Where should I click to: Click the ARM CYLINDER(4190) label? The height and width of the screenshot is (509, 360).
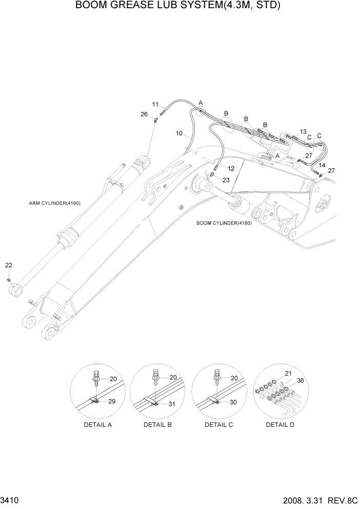54,203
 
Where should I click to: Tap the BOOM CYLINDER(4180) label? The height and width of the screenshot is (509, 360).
224,223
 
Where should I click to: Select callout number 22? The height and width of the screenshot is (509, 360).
9,265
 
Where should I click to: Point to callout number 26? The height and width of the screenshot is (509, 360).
144,114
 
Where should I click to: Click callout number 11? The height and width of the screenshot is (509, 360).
155,105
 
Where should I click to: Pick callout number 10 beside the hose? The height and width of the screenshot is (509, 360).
179,133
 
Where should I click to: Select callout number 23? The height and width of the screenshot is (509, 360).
226,180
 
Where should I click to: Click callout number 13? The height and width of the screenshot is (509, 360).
303,131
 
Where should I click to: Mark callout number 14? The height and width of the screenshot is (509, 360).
322,165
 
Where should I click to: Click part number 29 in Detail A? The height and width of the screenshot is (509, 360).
111,401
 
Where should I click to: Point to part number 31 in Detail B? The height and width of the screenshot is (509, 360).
172,404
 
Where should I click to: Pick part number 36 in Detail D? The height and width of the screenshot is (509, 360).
300,380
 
